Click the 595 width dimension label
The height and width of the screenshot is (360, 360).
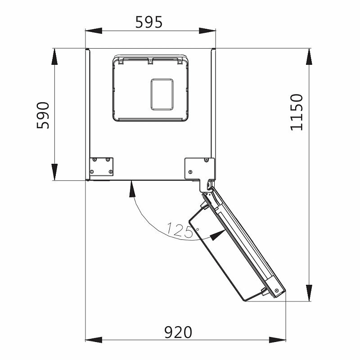coord(149,22)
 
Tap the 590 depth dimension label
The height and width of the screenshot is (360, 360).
coord(43,115)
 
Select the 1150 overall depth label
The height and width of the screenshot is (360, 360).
coord(297,112)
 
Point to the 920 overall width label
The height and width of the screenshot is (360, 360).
coord(178,332)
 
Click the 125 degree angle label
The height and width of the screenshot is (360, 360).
coord(179,230)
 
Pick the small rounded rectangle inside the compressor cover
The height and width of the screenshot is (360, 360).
coord(162,94)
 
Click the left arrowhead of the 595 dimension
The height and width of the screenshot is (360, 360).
coord(94,31)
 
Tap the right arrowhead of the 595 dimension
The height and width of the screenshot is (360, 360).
coord(207,31)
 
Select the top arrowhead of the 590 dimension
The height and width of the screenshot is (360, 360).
coord(54,57)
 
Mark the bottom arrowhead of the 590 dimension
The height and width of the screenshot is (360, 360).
coord(54,172)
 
